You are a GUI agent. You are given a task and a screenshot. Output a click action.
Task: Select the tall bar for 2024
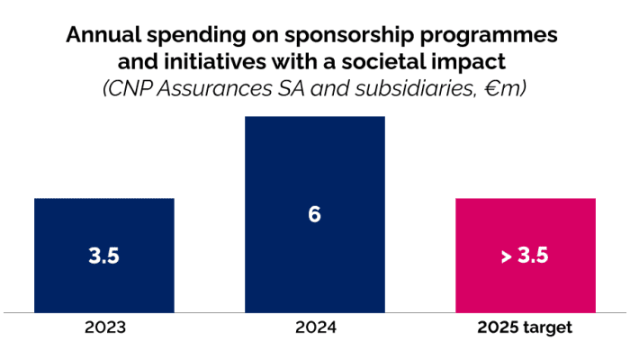(x=314, y=162)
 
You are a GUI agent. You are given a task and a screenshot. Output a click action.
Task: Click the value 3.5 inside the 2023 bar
(x=104, y=256)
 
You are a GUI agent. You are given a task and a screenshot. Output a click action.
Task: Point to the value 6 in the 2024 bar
(x=314, y=215)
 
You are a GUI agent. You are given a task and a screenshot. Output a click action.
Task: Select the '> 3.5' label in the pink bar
(x=525, y=256)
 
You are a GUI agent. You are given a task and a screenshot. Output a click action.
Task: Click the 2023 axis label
(x=104, y=328)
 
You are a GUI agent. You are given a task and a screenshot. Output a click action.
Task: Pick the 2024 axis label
(x=314, y=328)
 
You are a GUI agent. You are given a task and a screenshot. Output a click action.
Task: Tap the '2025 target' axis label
(x=525, y=328)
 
